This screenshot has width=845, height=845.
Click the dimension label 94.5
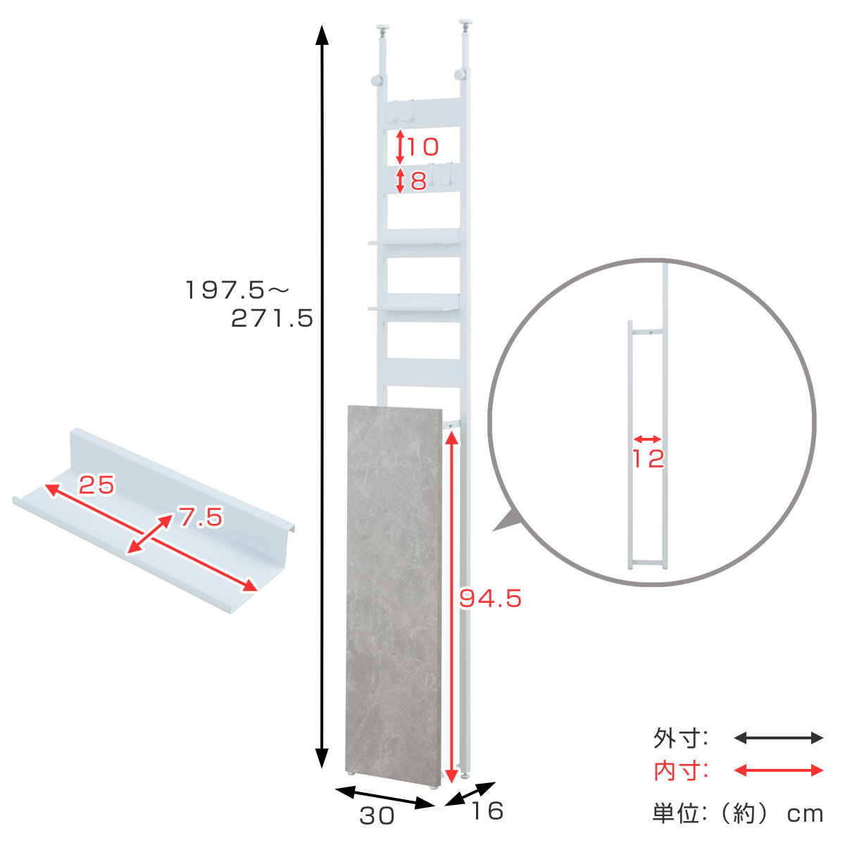pyautogui.click(x=490, y=599)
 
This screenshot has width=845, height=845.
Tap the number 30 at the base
pyautogui.click(x=377, y=815)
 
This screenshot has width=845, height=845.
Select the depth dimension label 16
pyautogui.click(x=487, y=810)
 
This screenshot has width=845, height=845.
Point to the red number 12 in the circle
pyautogui.click(x=648, y=458)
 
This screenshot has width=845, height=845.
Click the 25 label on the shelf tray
pyautogui.click(x=96, y=484)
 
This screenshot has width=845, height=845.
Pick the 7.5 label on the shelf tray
pyautogui.click(x=201, y=517)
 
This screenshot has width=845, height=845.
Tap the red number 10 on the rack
pyautogui.click(x=423, y=146)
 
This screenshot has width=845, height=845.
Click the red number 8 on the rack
pyautogui.click(x=418, y=180)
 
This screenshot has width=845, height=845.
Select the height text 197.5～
pyautogui.click(x=237, y=290)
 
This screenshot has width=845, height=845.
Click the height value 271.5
pyautogui.click(x=272, y=318)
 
